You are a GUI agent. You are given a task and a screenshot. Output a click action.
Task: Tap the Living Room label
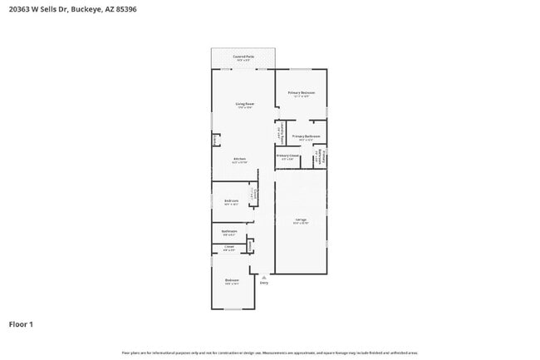pyautogui.click(x=244, y=104)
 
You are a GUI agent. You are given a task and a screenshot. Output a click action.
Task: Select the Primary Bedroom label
pyautogui.click(x=300, y=92)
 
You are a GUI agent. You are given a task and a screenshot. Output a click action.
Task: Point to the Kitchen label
pyautogui.click(x=239, y=159)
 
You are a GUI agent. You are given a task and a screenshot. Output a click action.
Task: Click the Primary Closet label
pyautogui.click(x=287, y=155)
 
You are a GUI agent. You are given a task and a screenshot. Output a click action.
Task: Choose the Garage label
pyautogui.click(x=300, y=219)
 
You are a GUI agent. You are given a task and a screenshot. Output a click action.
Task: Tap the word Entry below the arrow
pyautogui.click(x=264, y=284)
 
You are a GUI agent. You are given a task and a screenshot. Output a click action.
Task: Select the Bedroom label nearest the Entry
pyautogui.click(x=232, y=280)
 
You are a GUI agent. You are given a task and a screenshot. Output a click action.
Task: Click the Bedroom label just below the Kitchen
pyautogui.click(x=232, y=200)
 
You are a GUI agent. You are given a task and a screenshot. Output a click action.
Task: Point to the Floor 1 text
pyautogui.click(x=21, y=323)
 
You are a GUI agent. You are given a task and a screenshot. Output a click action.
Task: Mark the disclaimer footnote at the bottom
pyautogui.click(x=270, y=353)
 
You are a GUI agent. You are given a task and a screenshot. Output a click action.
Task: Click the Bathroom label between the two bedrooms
pyautogui.click(x=229, y=231)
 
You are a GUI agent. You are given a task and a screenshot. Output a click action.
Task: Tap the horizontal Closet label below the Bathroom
pyautogui.click(x=229, y=247)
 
